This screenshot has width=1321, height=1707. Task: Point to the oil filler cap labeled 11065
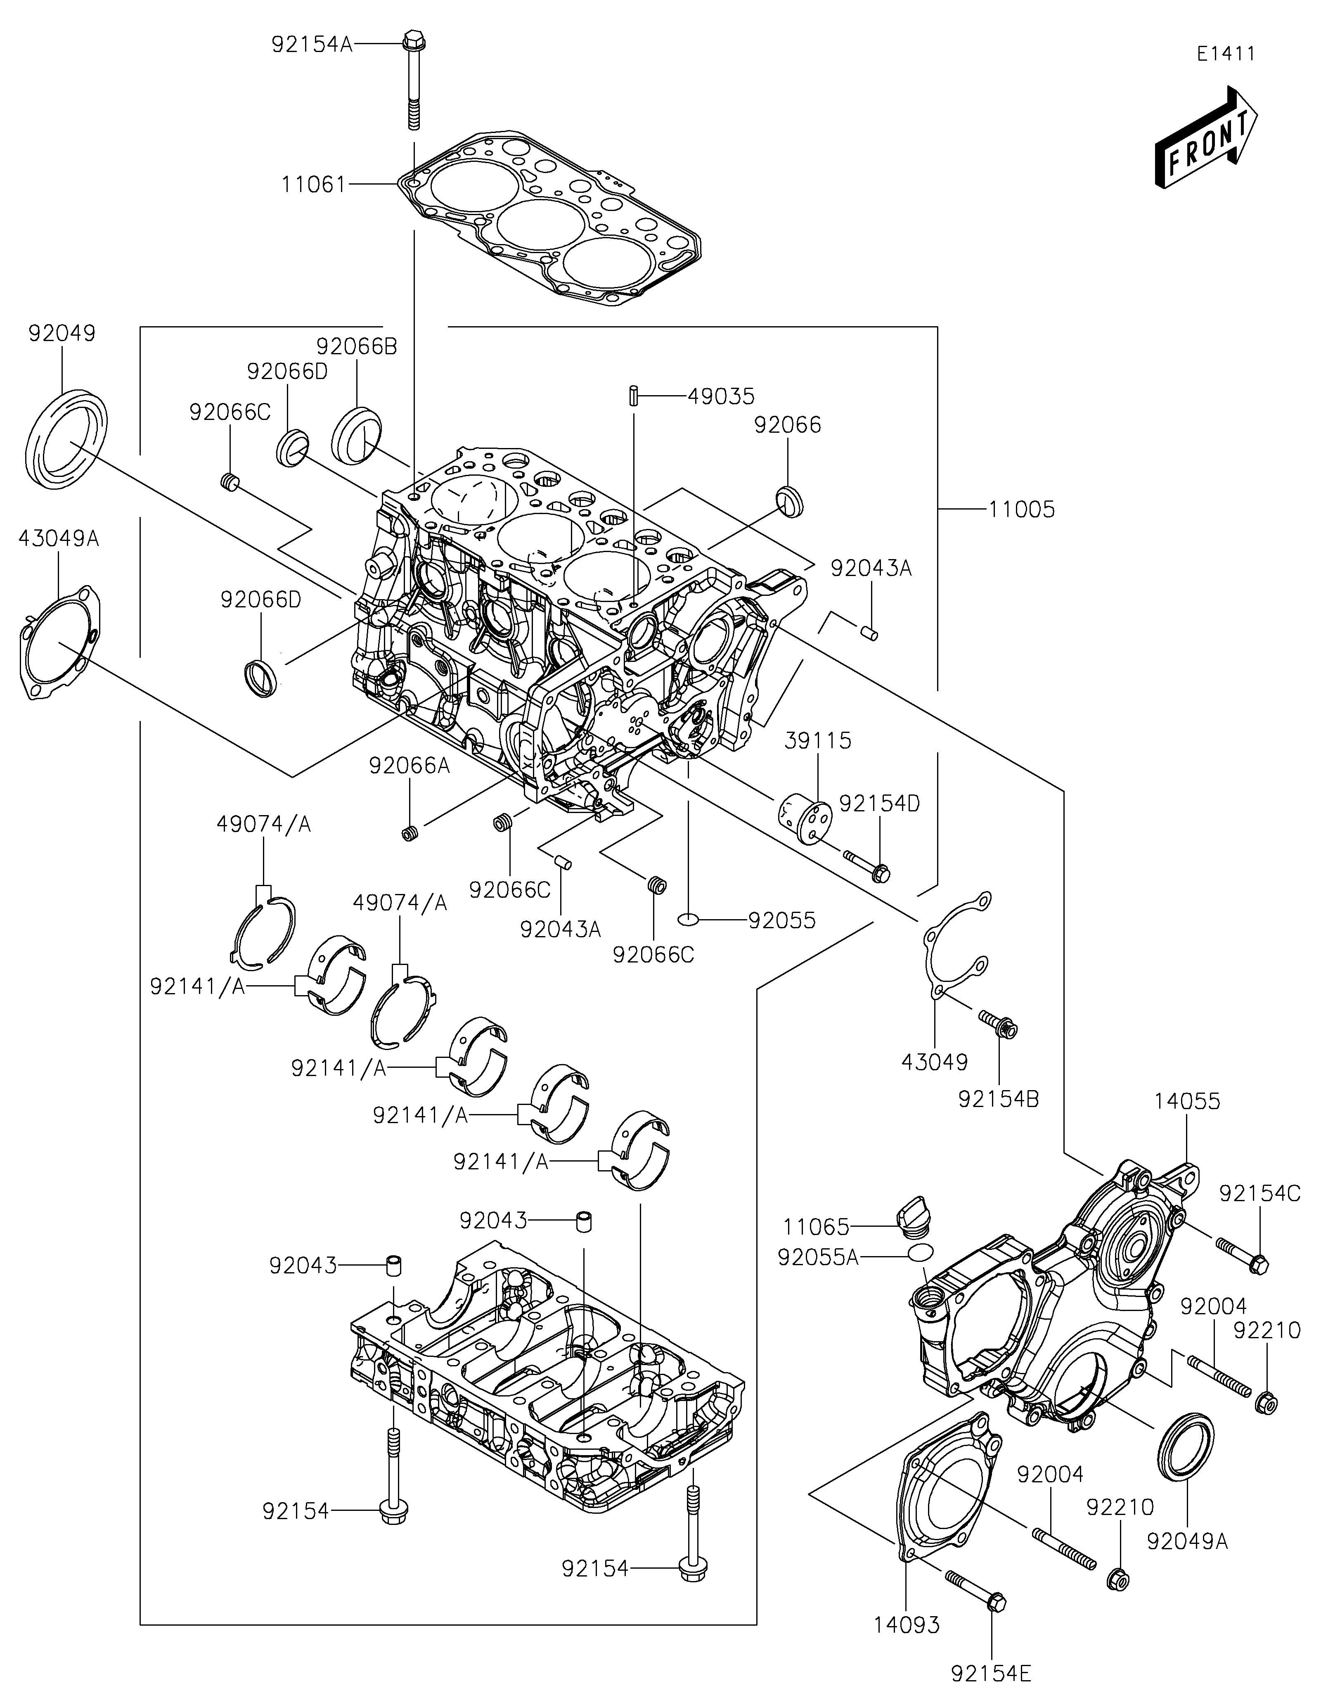pyautogui.click(x=912, y=1229)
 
